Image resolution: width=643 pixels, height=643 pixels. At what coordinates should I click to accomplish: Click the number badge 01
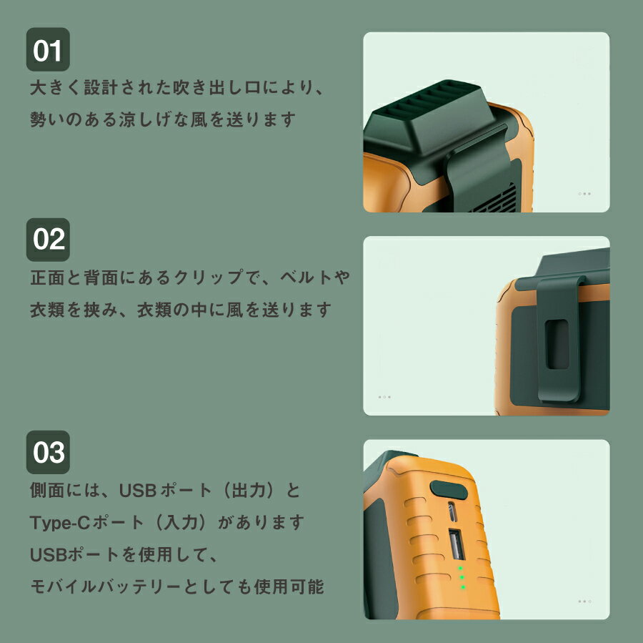click(x=48, y=49)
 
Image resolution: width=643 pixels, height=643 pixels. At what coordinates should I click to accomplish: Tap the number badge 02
click(x=48, y=240)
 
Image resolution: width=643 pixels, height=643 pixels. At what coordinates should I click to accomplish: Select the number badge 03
click(x=48, y=452)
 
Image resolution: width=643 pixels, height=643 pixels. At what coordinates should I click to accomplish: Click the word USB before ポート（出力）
click(x=137, y=491)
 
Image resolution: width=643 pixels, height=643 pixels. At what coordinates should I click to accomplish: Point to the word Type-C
click(x=60, y=523)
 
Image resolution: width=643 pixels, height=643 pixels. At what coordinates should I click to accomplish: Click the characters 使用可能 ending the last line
click(x=289, y=586)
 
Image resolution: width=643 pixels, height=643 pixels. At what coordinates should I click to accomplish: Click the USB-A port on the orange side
click(x=456, y=544)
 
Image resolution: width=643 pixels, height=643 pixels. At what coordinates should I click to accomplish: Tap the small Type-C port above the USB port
click(x=452, y=511)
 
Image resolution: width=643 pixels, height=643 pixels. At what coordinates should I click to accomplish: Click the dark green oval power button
click(x=448, y=489)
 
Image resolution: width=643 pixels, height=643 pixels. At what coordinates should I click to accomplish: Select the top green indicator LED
click(x=460, y=569)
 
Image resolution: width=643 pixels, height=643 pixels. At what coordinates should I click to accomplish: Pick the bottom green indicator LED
click(x=463, y=587)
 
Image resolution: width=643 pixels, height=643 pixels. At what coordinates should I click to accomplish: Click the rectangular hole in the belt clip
click(x=557, y=344)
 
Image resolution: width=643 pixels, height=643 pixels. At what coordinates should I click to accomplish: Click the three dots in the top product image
click(x=584, y=194)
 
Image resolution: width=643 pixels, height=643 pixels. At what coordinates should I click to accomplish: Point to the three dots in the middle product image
click(x=384, y=397)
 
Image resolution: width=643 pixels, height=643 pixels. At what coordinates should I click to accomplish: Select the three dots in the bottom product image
click(x=584, y=602)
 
